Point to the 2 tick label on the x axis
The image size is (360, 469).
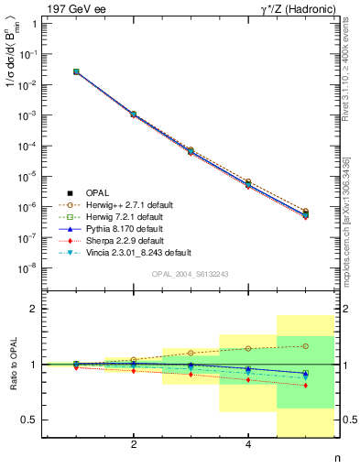134,444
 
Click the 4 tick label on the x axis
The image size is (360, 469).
248,444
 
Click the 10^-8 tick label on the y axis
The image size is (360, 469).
27,268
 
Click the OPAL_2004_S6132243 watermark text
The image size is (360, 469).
189,274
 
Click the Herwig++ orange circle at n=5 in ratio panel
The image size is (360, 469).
306,346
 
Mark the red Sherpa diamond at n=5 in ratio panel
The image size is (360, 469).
306,386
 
